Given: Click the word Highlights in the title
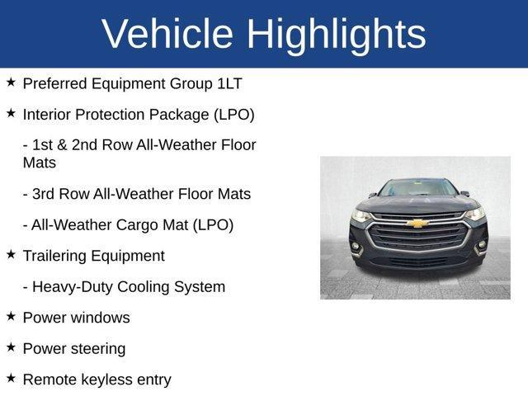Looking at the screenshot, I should [x=336, y=34].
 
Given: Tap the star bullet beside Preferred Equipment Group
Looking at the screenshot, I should [x=11, y=82].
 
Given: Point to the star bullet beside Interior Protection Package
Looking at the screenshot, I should [x=11, y=113].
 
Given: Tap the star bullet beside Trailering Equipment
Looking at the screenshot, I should [x=11, y=255].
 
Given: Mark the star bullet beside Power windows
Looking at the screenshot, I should [x=11, y=316].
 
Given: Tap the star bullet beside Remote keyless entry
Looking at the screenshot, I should [x=11, y=378].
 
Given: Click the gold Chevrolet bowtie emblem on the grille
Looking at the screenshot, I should [x=419, y=223].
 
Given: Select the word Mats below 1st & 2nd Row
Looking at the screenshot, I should [x=40, y=163].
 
